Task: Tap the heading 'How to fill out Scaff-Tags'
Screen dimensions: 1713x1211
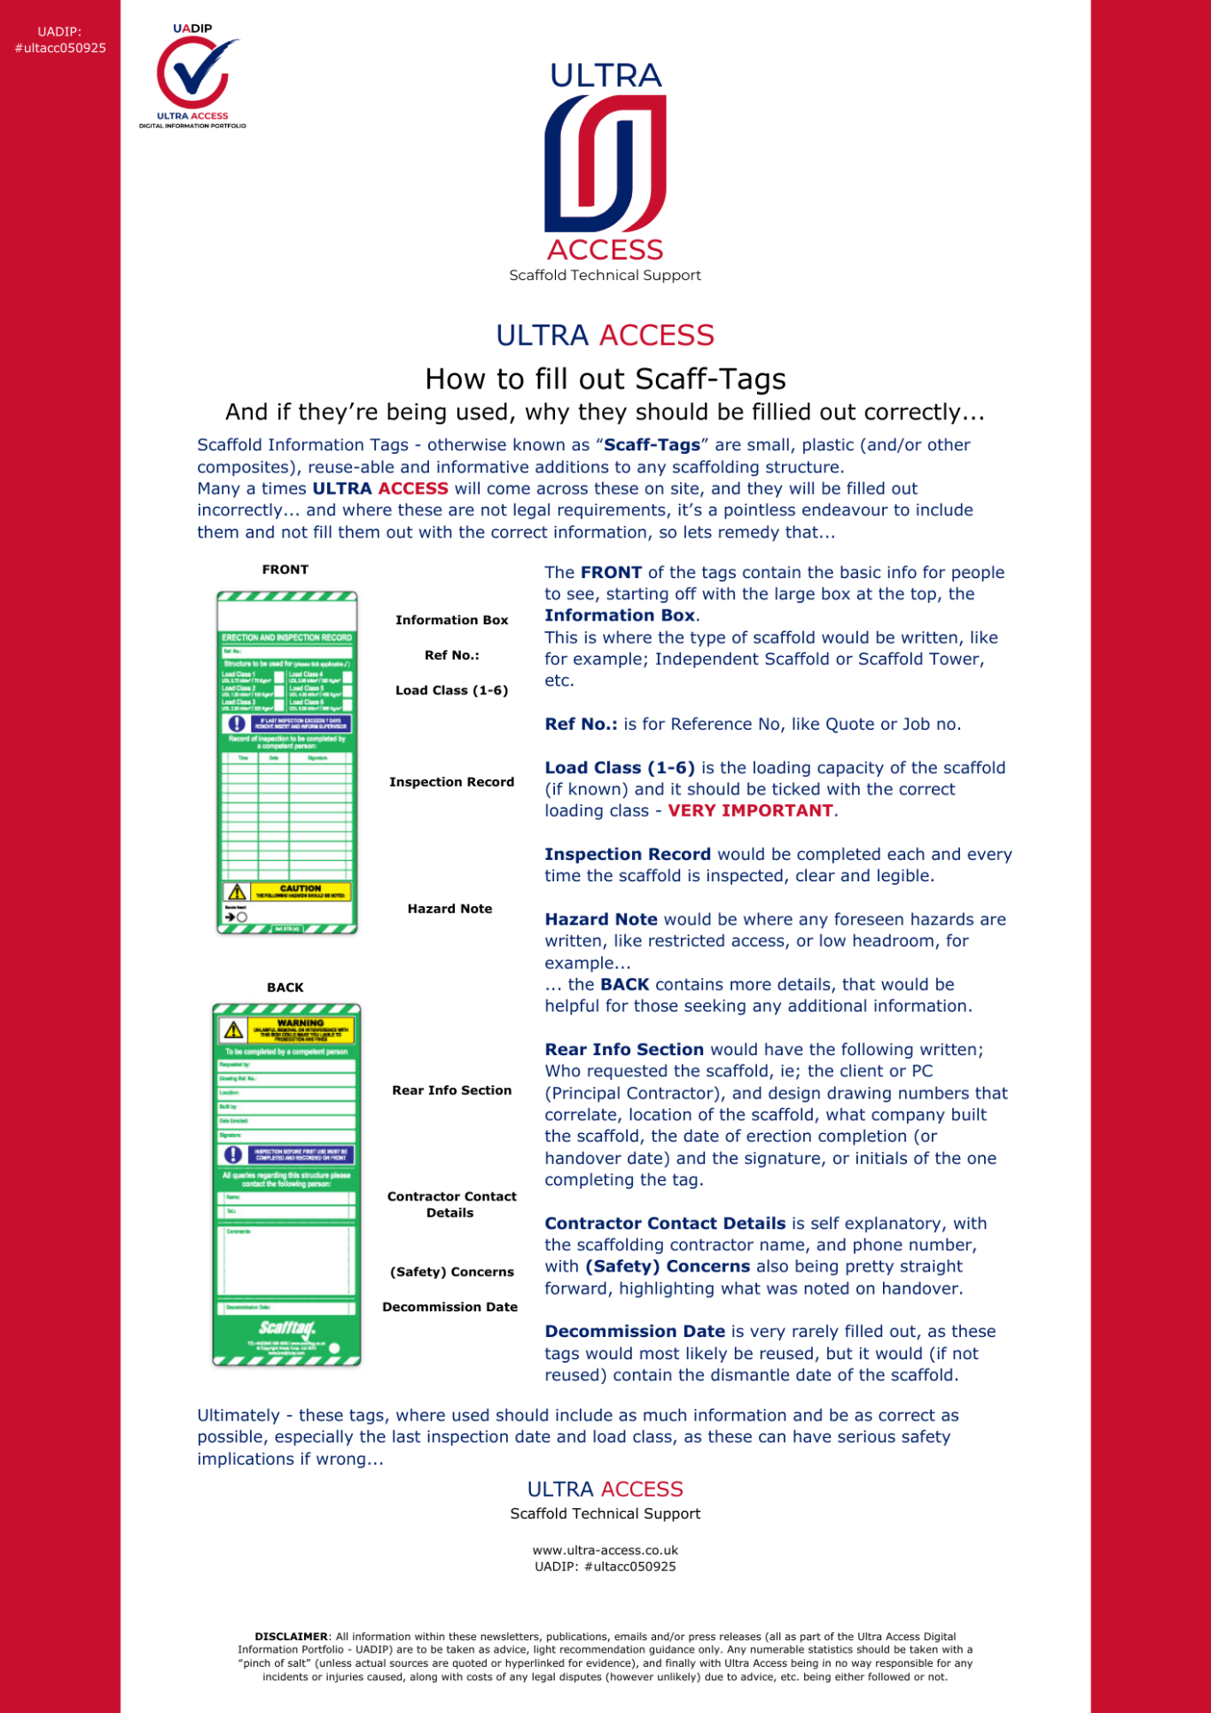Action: (605, 379)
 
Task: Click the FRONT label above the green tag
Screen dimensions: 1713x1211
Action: (285, 569)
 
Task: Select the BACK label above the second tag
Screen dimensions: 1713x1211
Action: (285, 987)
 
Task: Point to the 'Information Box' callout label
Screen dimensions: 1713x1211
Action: (451, 620)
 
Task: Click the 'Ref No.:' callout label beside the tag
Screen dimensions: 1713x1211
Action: (451, 655)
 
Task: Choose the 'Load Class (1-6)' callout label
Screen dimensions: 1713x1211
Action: (451, 690)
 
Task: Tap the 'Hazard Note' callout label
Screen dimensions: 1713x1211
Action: (449, 909)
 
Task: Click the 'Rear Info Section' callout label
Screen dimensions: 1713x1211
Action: (451, 1091)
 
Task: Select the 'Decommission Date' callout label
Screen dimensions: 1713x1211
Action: (449, 1307)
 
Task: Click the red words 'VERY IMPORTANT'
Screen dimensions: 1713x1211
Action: (750, 810)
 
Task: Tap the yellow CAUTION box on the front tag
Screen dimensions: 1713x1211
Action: (300, 891)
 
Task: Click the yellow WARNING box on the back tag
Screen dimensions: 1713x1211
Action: (300, 1029)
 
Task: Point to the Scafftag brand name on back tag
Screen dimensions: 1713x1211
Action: (286, 1328)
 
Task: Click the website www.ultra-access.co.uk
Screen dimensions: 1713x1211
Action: (605, 1551)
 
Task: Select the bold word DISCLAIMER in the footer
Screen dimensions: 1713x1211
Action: (291, 1637)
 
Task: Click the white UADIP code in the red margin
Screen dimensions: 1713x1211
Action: (59, 40)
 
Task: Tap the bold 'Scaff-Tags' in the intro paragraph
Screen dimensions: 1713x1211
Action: (652, 445)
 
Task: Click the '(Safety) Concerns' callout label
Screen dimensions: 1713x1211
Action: (451, 1271)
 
